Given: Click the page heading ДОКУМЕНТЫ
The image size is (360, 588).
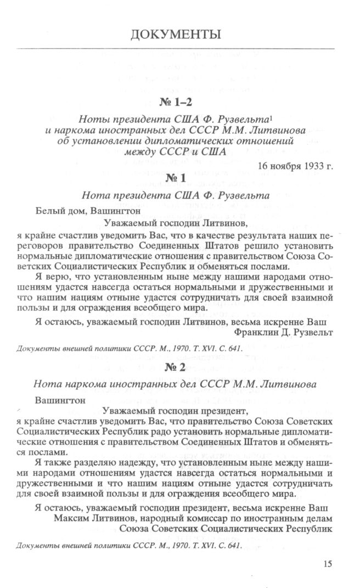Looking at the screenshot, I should click(176, 36).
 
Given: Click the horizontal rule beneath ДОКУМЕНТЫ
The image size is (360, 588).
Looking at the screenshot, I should click(176, 49).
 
